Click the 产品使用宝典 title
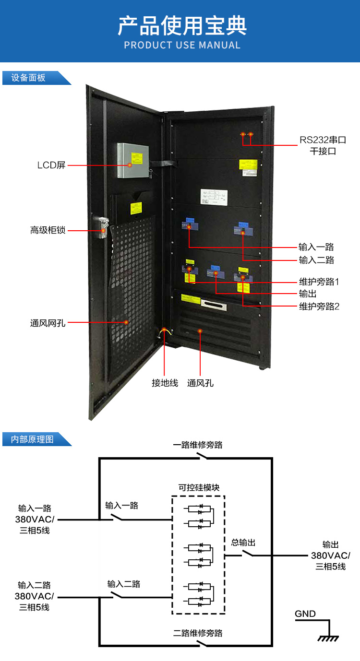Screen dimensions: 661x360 point(182,26)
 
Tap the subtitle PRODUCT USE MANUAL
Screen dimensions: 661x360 point(182,46)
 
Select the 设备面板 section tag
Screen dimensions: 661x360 point(29,78)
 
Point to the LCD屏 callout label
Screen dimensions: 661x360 point(51,165)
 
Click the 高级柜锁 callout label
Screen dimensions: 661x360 point(48,230)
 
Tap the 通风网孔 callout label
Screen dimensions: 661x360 point(48,323)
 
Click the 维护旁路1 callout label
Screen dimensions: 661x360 point(319,282)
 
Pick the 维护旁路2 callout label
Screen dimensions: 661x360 point(319,307)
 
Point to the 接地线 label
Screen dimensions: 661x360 point(165,383)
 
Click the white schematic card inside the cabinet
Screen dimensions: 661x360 point(214,196)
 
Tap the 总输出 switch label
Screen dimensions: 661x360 point(243,543)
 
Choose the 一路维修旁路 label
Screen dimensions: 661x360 point(198,445)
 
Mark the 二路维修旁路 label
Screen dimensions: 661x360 point(198,633)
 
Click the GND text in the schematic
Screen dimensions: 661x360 point(305,614)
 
